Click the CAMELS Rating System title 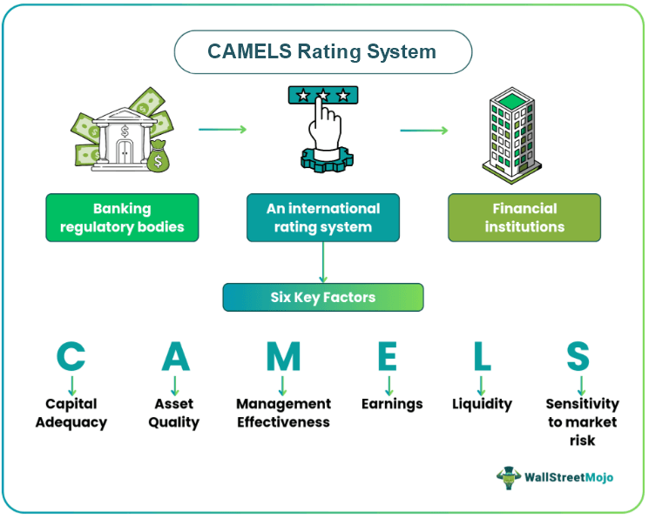pyautogui.click(x=322, y=51)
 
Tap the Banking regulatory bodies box pyautogui.click(x=122, y=218)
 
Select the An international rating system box pyautogui.click(x=323, y=218)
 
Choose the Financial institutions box pyautogui.click(x=524, y=218)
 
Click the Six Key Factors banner pyautogui.click(x=322, y=298)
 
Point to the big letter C pyautogui.click(x=71, y=356)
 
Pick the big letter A pyautogui.click(x=175, y=356)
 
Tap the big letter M pyautogui.click(x=283, y=356)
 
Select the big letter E pyautogui.click(x=389, y=356)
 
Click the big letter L pyautogui.click(x=481, y=356)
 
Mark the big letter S pyautogui.click(x=578, y=356)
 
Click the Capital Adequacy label pyautogui.click(x=71, y=414)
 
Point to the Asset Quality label pyautogui.click(x=174, y=414)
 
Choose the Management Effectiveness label pyautogui.click(x=284, y=414)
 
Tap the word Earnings pyautogui.click(x=392, y=404)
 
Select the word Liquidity pyautogui.click(x=482, y=404)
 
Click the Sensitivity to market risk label pyautogui.click(x=582, y=422)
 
